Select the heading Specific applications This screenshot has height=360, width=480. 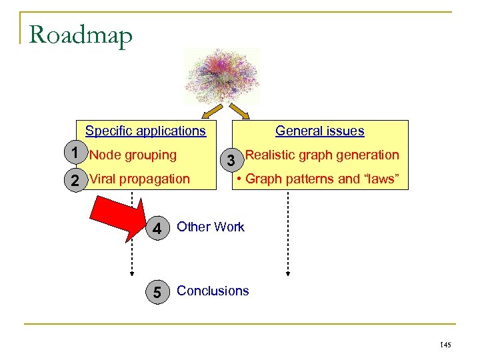(145, 131)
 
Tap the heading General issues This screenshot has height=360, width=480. (319, 131)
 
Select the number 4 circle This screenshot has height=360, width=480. (157, 229)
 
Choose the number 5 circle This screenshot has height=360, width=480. (157, 292)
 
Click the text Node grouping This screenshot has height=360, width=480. (133, 155)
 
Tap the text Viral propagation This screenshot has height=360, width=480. (139, 179)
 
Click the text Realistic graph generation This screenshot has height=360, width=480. (322, 155)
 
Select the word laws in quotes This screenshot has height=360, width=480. (381, 179)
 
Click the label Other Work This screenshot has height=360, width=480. (211, 227)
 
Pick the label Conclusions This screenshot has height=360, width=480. (213, 291)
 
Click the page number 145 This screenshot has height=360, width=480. (445, 345)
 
